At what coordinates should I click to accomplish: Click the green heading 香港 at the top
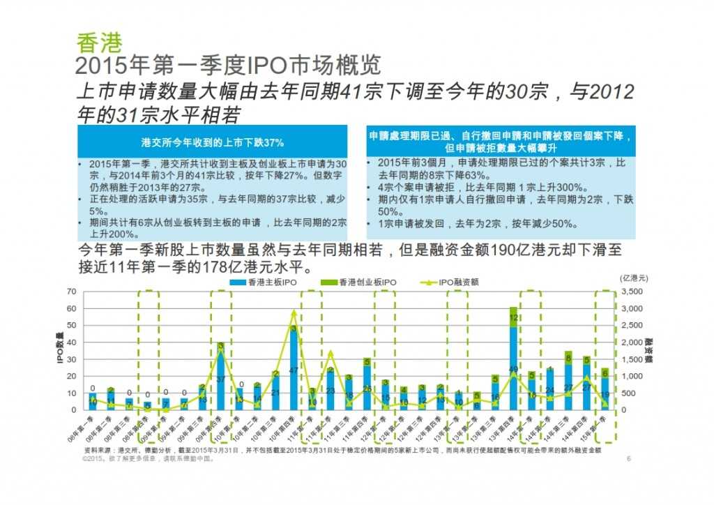coord(99,43)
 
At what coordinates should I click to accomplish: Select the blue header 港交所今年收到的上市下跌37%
coord(212,142)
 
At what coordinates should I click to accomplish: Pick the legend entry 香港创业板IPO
coord(363,282)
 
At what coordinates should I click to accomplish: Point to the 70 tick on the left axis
coord(71,291)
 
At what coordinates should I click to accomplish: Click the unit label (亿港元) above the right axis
coord(635,278)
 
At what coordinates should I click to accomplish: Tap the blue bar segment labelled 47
coord(294,370)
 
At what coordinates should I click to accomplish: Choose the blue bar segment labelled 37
coord(220,379)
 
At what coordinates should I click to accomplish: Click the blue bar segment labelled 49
coord(513,368)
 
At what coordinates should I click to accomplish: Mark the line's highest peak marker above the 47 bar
coord(294,312)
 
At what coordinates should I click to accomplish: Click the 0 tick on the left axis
coord(73,410)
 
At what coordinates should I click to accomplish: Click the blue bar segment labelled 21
coord(275,393)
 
